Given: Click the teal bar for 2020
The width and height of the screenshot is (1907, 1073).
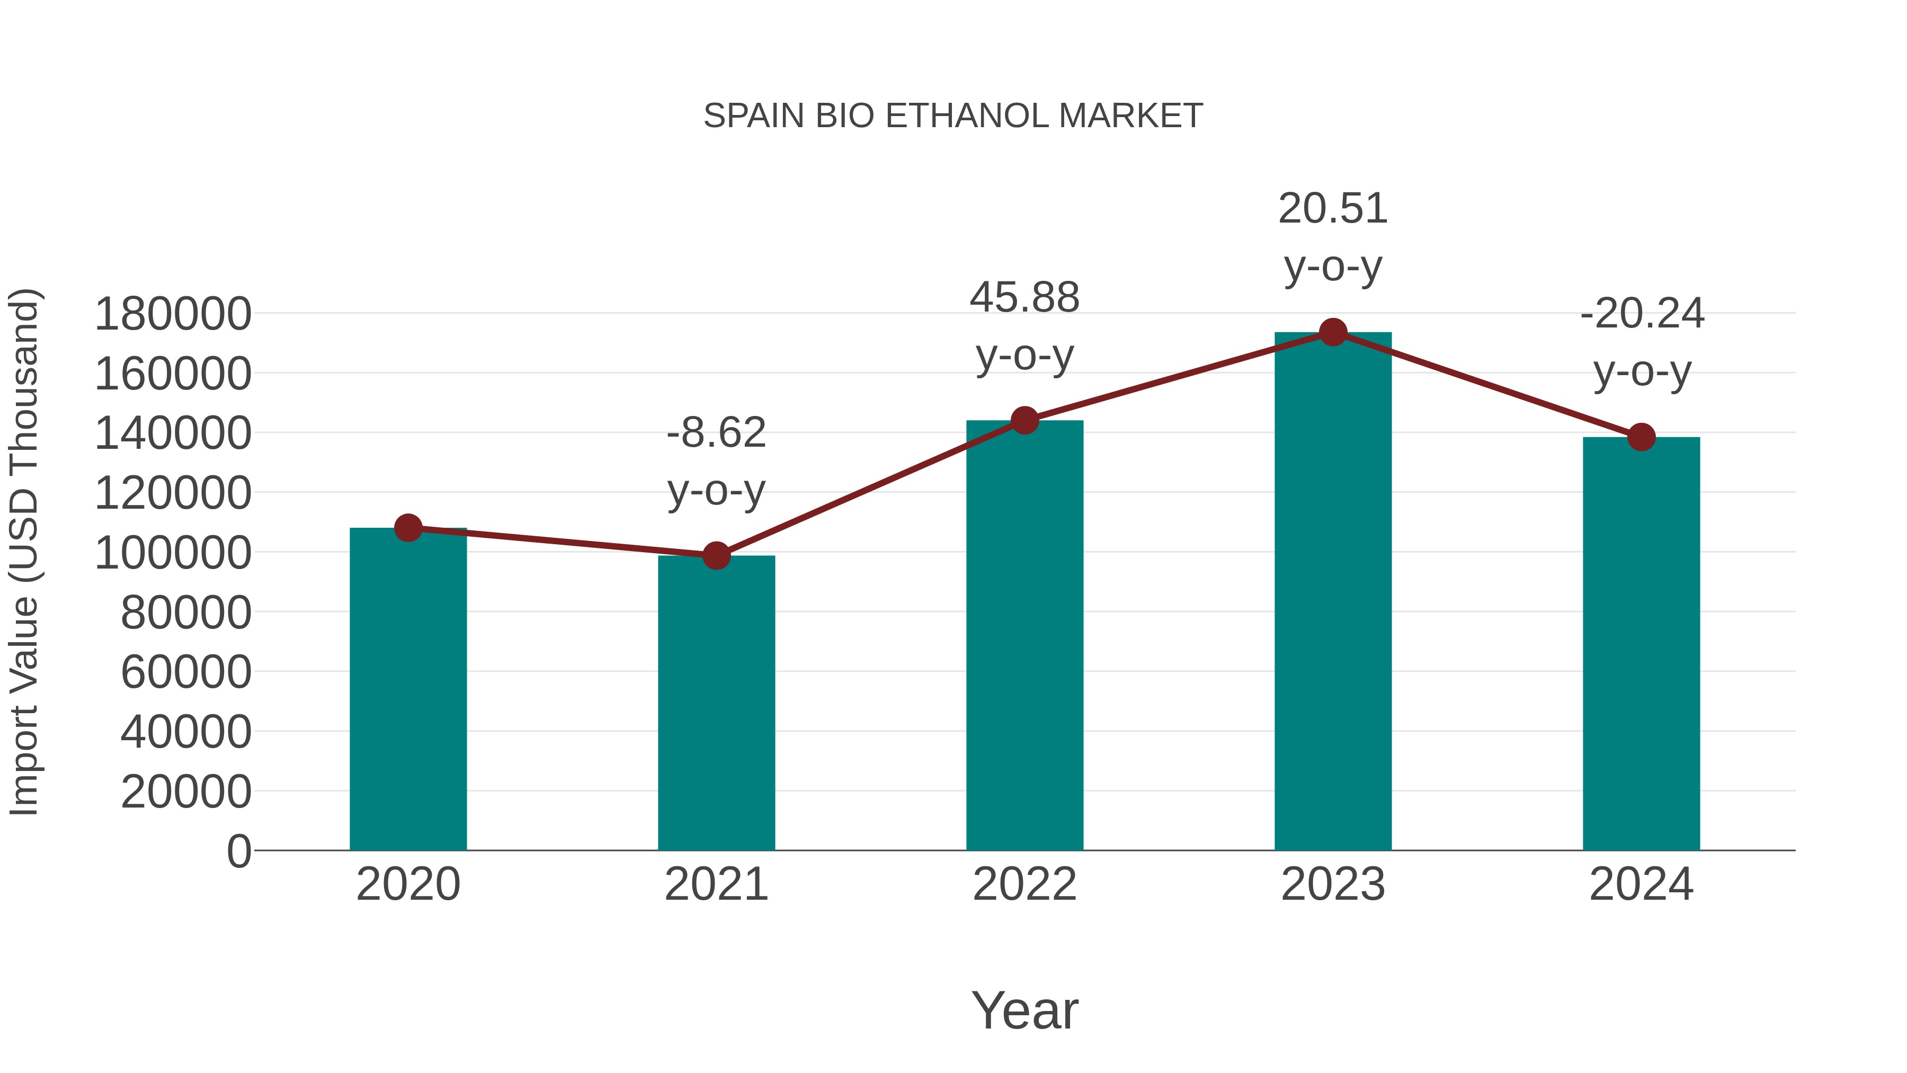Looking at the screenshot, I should (408, 689).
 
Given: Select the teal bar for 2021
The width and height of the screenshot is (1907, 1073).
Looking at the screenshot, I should (716, 704).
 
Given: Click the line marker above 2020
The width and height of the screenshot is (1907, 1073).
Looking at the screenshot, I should (408, 528).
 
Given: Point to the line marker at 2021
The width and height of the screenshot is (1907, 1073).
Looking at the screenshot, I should (716, 555).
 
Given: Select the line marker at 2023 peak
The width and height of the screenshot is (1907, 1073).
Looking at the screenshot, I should (1333, 332).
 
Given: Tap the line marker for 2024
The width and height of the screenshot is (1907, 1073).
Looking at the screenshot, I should (1641, 437).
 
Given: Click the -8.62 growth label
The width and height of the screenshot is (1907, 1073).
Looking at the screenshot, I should (716, 433).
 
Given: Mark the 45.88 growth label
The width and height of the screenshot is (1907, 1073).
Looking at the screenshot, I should (1024, 298).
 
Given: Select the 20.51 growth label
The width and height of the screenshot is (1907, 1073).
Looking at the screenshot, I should (1333, 209).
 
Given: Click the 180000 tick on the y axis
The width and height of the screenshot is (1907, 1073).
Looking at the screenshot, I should (173, 314).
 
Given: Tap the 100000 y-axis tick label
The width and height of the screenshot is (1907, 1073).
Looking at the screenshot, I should (173, 553).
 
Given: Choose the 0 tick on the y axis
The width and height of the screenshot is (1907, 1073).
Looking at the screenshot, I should (238, 852).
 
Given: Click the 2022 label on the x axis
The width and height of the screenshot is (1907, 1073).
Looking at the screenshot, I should (1024, 885).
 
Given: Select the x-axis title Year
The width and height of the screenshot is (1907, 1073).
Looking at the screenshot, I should (1024, 1011).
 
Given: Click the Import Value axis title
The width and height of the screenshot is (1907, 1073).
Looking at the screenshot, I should (24, 552).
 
